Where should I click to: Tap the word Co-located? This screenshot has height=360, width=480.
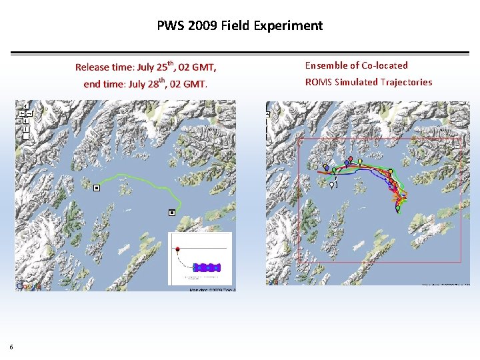point(384,65)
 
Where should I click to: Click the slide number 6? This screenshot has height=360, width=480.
point(11,346)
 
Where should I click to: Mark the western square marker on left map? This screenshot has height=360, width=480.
point(97,189)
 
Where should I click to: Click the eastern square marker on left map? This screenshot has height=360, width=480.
point(171,213)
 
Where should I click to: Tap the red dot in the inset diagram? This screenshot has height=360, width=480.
point(177,249)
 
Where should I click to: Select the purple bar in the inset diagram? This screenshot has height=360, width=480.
point(209,267)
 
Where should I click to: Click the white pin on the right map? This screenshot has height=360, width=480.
point(332,184)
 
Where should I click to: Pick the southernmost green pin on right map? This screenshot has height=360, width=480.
point(398,208)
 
